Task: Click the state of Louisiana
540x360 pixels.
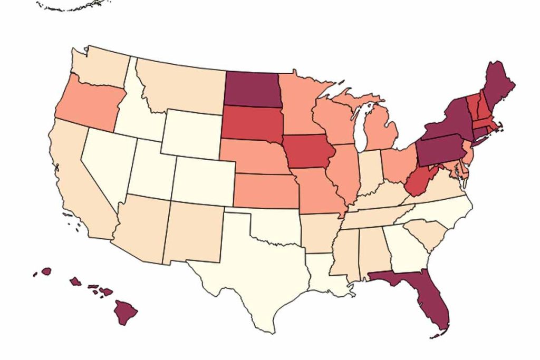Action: (329, 274)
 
